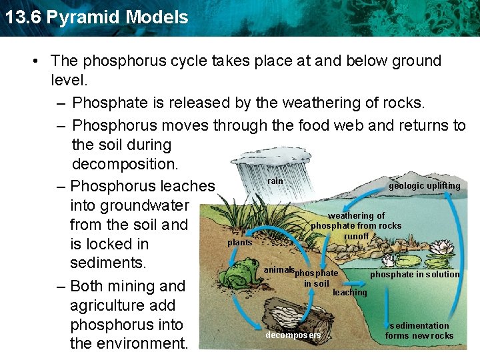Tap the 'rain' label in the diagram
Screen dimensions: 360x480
[x=275, y=181]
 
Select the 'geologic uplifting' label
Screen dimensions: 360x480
[x=424, y=186]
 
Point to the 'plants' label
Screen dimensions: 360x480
[x=239, y=243]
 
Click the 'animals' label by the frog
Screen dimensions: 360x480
[x=279, y=269]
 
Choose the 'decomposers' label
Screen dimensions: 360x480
[x=293, y=335]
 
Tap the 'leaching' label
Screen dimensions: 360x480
[x=349, y=292]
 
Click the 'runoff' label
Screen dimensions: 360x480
[x=357, y=236]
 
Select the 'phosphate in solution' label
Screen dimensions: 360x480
[x=415, y=274]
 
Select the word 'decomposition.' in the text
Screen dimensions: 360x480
[x=120, y=164]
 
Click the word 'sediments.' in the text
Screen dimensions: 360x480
[x=108, y=262]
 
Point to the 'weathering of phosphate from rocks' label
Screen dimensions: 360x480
[x=356, y=221]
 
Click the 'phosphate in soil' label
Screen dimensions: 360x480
[x=317, y=279]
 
